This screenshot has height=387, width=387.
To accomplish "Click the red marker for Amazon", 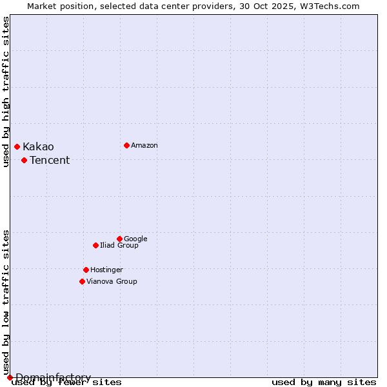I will point(126,145).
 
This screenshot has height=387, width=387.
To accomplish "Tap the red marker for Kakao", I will point(17,147).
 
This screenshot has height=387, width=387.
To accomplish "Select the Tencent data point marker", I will point(24,160).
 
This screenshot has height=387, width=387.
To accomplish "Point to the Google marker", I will point(119,239).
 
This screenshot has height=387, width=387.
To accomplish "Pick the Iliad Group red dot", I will point(95,245).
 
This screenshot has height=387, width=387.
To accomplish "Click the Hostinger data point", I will point(86,270).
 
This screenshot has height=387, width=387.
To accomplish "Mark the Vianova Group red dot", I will point(82,281).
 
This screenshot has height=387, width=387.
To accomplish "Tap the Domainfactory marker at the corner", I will point(10,377).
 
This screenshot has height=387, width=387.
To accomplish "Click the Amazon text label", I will point(144,146).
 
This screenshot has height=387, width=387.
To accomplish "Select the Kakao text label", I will point(38,147).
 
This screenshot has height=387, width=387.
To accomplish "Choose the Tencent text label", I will point(50,161).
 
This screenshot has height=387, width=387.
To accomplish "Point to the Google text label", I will point(135,239).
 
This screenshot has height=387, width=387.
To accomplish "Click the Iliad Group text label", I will point(119,246).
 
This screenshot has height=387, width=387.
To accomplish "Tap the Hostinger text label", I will point(106,270).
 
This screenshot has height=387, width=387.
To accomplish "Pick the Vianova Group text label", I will point(112,282).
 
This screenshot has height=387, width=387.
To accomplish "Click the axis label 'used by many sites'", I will point(324,382).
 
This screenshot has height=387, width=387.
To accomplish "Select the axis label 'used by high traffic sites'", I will point(6,92).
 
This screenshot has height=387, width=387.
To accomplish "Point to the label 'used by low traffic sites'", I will point(6,302).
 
